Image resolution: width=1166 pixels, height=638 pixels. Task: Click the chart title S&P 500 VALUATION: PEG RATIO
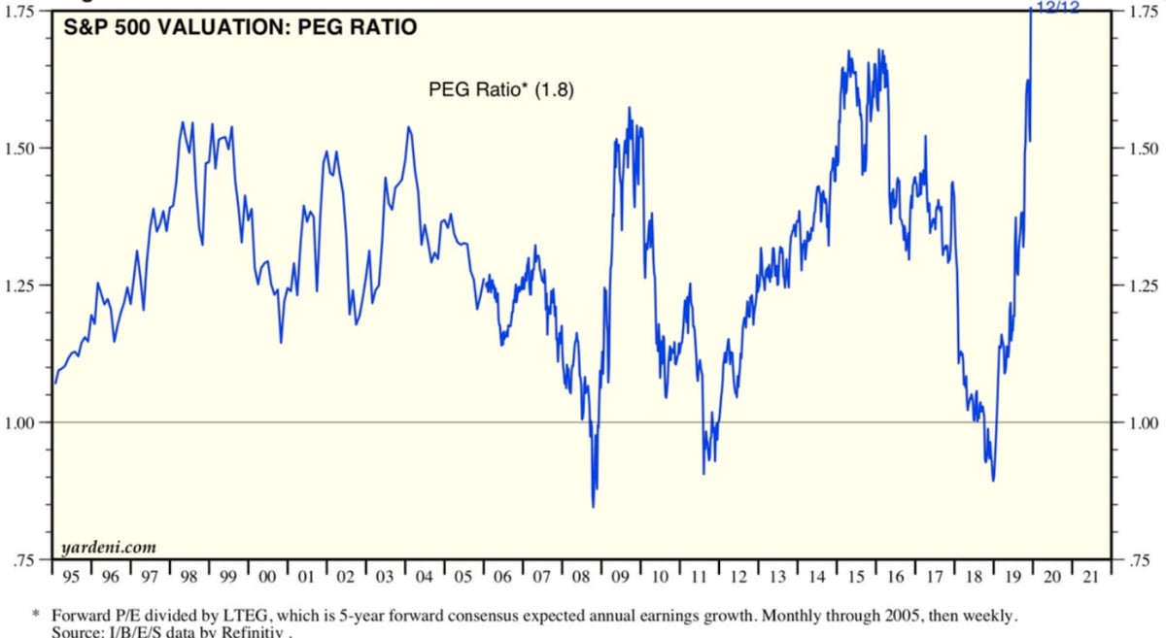(240, 28)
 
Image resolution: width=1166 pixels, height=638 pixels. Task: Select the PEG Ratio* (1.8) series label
(501, 90)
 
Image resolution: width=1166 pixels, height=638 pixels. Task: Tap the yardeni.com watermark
(108, 548)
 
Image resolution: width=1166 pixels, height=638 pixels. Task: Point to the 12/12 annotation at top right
(1057, 7)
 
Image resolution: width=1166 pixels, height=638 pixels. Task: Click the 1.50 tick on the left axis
(21, 149)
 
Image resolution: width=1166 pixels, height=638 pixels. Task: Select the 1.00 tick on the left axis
(21, 422)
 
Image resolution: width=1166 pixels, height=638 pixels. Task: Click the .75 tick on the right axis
(1136, 560)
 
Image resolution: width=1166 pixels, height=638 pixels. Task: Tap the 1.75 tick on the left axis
(21, 12)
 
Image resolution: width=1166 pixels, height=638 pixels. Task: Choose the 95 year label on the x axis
(71, 577)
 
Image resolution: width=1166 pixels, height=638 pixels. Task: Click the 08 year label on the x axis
(581, 577)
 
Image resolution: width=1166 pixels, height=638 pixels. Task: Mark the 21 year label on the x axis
(1090, 577)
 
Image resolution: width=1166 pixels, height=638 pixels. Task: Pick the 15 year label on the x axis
(855, 577)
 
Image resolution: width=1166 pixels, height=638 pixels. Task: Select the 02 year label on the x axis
(346, 577)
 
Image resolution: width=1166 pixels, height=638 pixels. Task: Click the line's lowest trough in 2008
(593, 506)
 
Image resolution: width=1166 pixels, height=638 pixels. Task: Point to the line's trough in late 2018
(993, 480)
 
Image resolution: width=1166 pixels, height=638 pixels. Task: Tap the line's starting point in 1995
(54, 383)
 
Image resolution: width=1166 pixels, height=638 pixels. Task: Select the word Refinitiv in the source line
(257, 632)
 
